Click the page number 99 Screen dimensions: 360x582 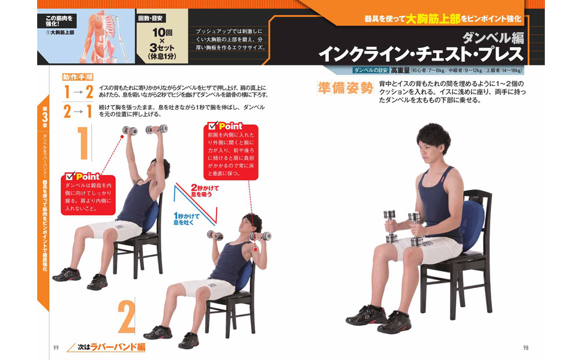56,348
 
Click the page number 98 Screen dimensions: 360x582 526,348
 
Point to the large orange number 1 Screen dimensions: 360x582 83,143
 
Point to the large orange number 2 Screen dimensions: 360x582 127,316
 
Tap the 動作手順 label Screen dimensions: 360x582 77,77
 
